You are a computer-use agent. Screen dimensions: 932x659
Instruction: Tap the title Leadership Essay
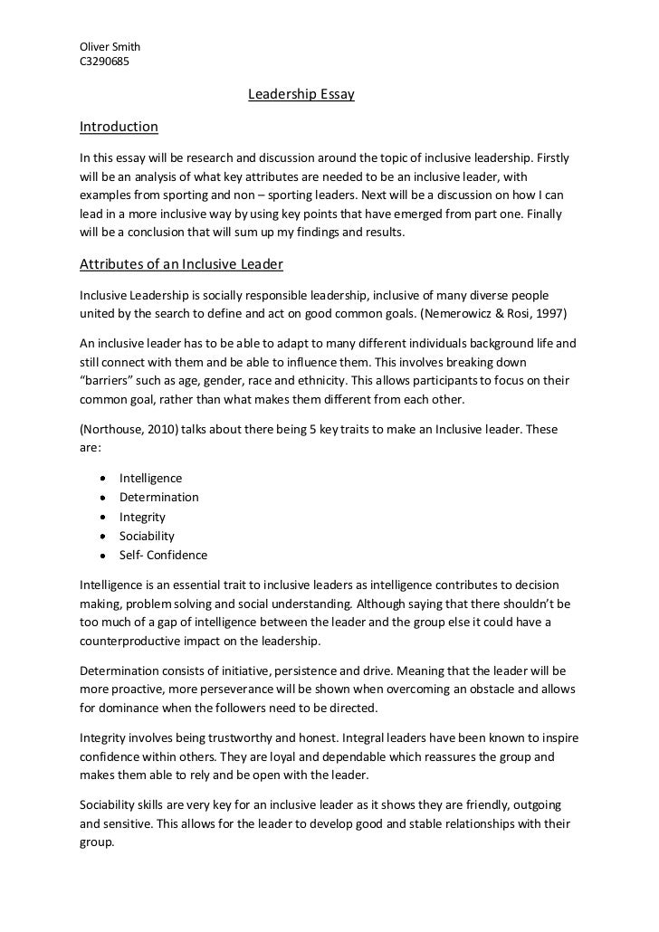point(301,94)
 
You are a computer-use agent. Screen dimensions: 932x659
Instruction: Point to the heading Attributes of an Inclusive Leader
point(182,264)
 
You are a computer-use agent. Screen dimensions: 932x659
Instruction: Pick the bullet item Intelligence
point(150,478)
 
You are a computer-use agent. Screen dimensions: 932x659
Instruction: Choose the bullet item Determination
point(159,497)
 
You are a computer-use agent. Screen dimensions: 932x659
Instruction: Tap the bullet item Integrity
point(143,517)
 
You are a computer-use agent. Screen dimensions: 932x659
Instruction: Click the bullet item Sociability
point(148,536)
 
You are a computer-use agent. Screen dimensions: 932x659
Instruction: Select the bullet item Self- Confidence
point(164,555)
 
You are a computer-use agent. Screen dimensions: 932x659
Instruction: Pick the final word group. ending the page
point(97,840)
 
